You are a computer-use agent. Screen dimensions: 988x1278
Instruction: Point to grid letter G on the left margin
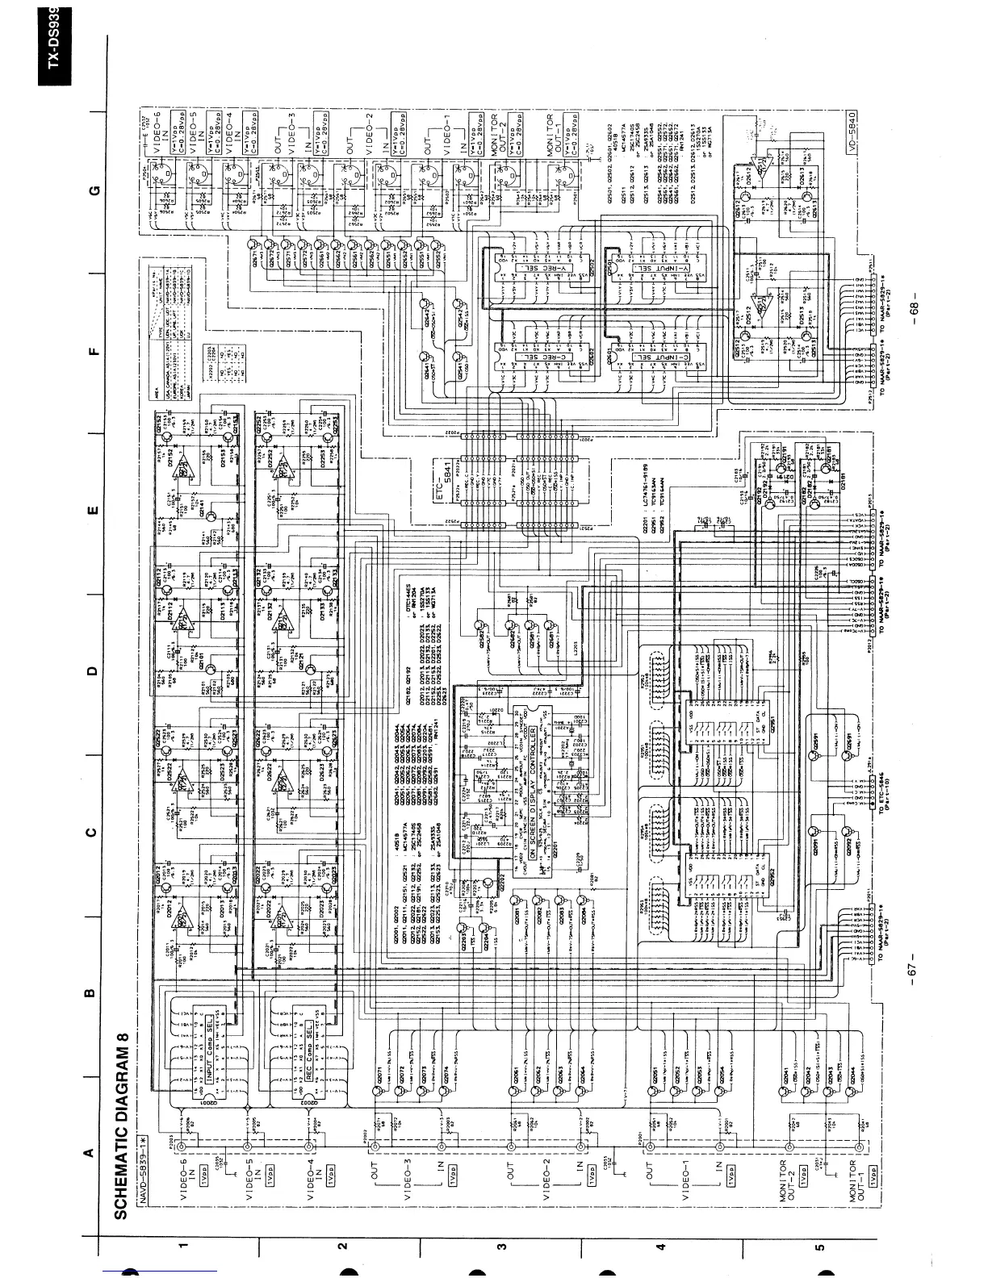tap(93, 190)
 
